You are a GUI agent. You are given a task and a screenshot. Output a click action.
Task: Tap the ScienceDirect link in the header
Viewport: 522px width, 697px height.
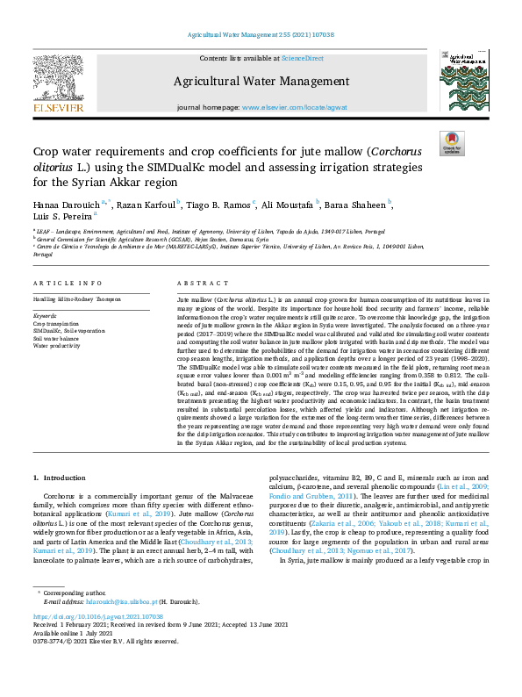(301, 58)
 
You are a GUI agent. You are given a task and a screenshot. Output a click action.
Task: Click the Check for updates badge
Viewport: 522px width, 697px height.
(451, 142)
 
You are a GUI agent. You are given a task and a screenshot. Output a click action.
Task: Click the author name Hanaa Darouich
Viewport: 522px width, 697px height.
(66, 204)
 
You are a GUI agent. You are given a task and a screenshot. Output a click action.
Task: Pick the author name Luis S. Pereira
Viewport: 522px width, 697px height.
(60, 216)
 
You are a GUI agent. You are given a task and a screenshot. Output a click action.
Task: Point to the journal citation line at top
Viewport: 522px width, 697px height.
(261, 35)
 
